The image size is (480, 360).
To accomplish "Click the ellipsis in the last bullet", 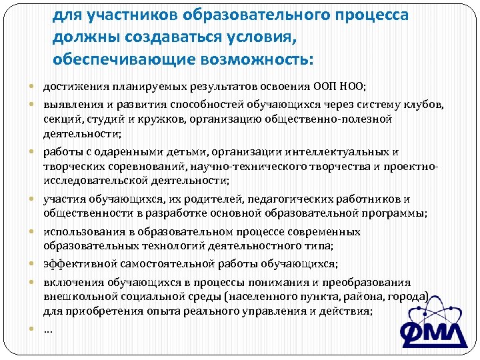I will pyautogui.click(x=48, y=328).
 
